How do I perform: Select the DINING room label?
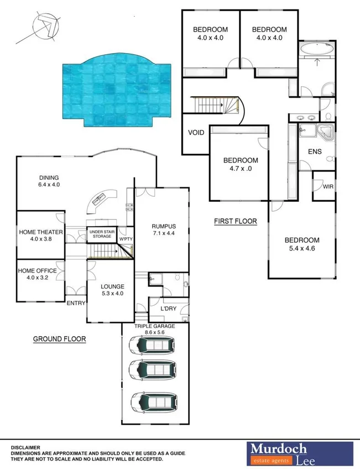click(49, 178)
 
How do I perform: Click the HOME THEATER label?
click(41, 232)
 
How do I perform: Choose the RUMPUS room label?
click(163, 226)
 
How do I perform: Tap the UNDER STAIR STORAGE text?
click(104, 234)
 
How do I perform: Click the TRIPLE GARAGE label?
click(155, 326)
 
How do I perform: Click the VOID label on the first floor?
click(196, 133)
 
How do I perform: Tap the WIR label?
click(328, 187)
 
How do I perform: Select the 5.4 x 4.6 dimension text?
click(302, 249)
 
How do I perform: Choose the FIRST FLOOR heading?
click(236, 222)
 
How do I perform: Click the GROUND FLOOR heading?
click(60, 339)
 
